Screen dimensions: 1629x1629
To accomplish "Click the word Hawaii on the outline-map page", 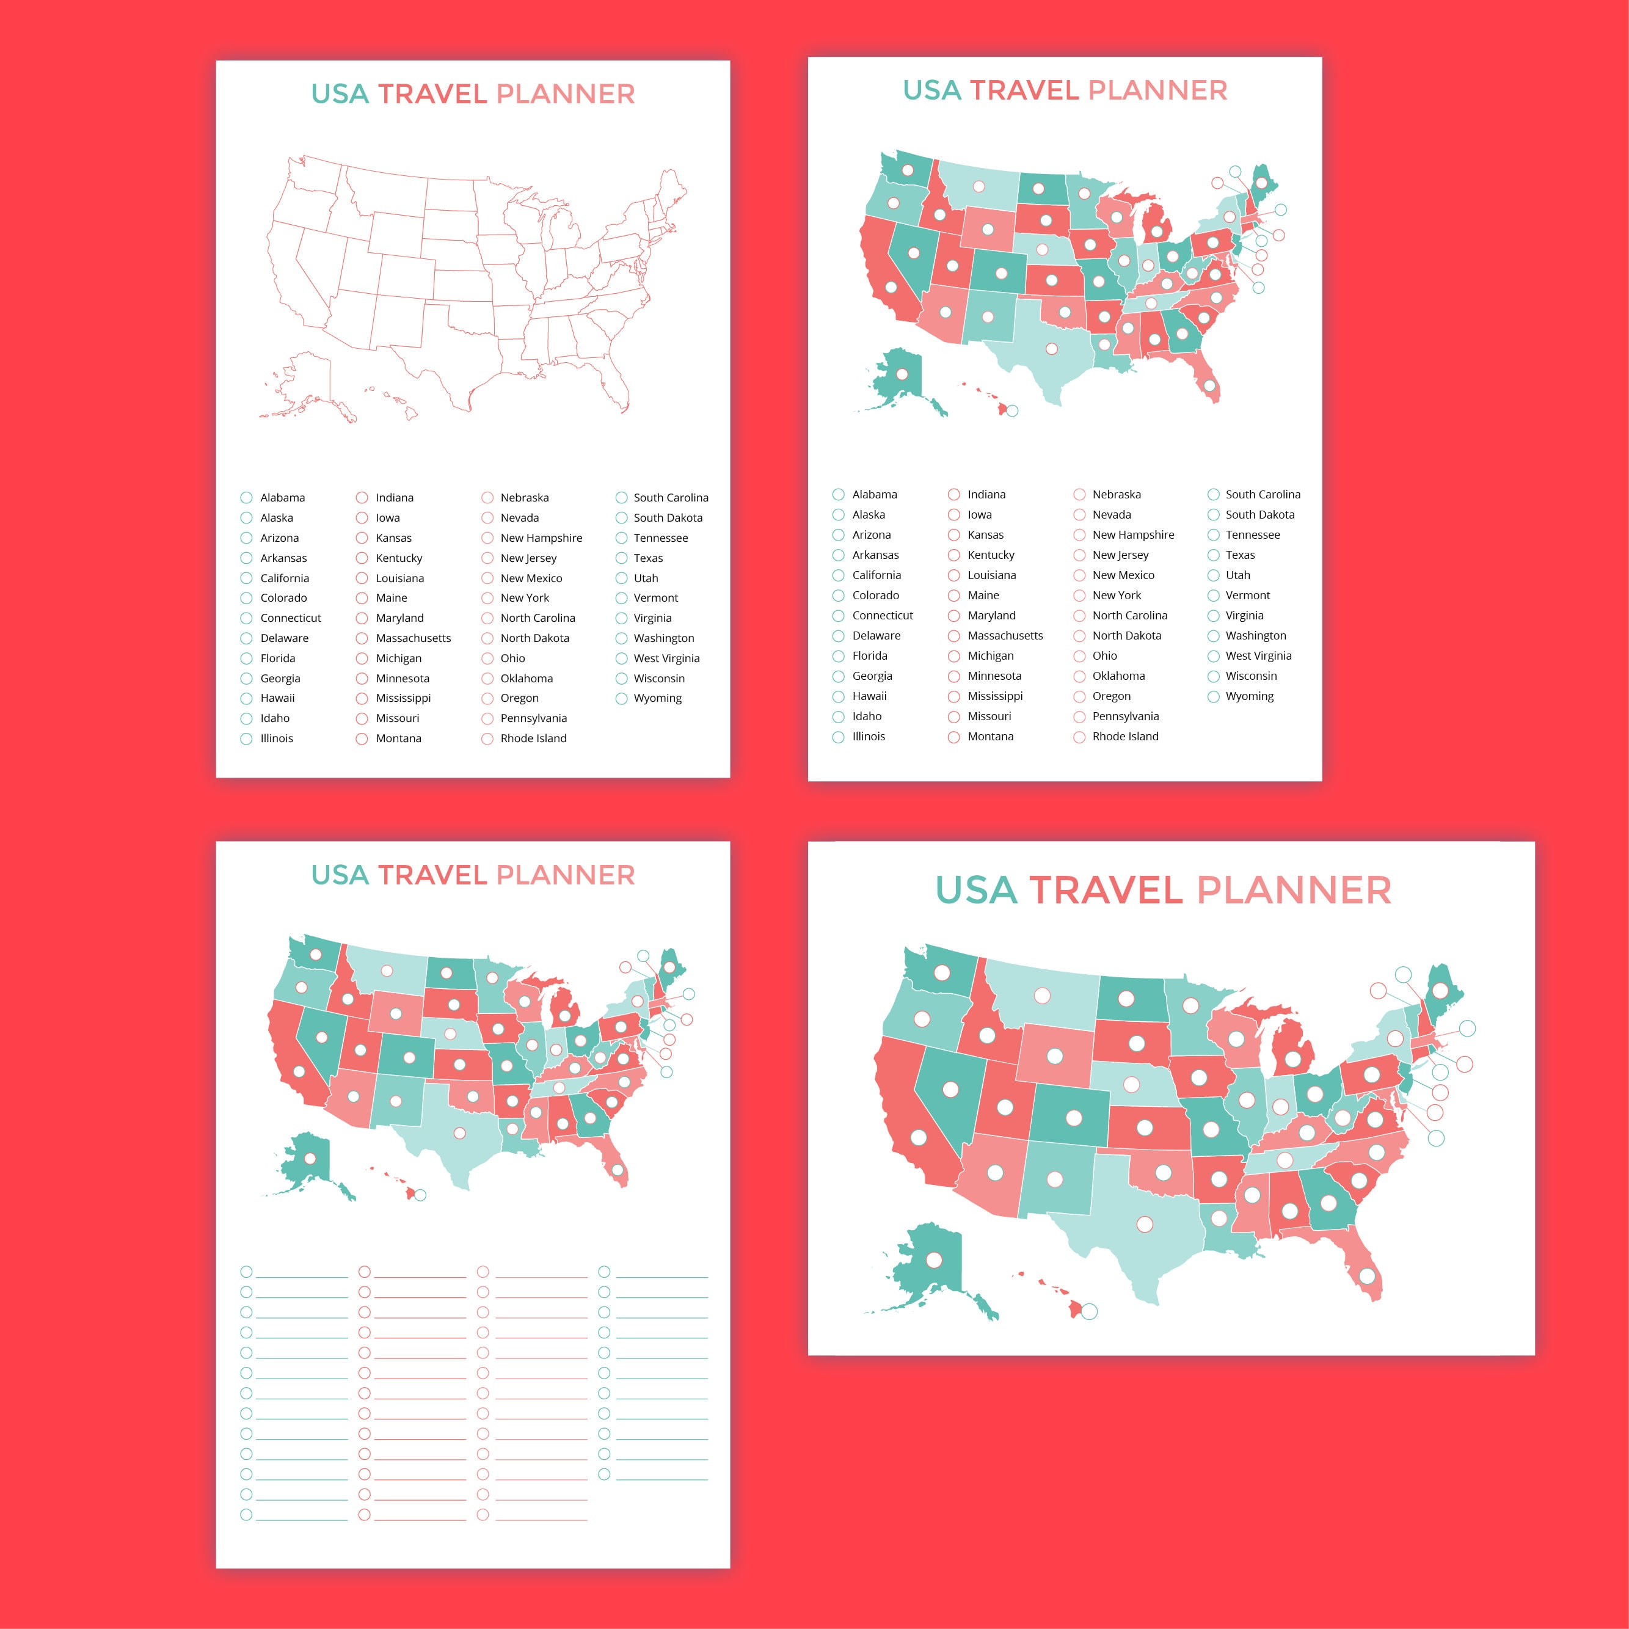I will pyautogui.click(x=277, y=698).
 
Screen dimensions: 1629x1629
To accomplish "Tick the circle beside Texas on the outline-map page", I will pyautogui.click(x=621, y=558).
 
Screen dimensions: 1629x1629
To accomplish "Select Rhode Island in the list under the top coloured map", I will pyautogui.click(x=1125, y=736).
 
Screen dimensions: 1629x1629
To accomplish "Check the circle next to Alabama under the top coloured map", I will pyautogui.click(x=838, y=495).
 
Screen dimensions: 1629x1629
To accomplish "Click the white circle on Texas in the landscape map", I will pyautogui.click(x=1144, y=1223).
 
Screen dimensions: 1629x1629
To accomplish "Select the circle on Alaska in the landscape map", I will pyautogui.click(x=933, y=1259).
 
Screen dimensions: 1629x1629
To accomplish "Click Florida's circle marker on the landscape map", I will pyautogui.click(x=1367, y=1277).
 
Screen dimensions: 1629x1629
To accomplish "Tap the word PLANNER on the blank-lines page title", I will pyautogui.click(x=565, y=875).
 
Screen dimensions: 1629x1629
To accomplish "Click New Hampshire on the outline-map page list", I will pyautogui.click(x=541, y=538).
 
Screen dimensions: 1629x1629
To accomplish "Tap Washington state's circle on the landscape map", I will pyautogui.click(x=942, y=973).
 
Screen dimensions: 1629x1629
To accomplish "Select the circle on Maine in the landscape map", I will pyautogui.click(x=1440, y=990).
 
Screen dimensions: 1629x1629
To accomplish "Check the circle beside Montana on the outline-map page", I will pyautogui.click(x=362, y=738).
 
